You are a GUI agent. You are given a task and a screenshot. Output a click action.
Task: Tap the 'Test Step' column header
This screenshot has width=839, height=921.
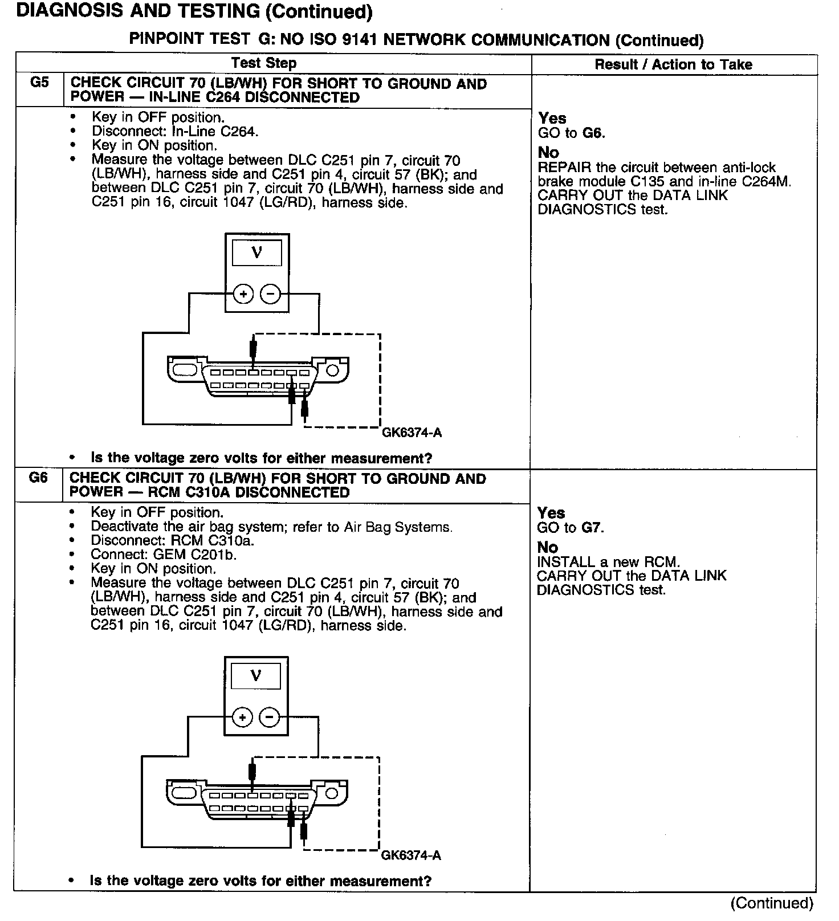[264, 63]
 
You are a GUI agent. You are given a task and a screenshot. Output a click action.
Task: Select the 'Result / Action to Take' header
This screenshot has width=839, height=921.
[673, 64]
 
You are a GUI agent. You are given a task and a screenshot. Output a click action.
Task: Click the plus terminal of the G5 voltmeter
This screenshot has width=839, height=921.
[243, 294]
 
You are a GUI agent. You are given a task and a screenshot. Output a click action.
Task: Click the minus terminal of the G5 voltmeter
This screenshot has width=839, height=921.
[271, 294]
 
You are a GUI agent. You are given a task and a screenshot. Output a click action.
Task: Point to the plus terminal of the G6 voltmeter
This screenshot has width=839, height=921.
[242, 717]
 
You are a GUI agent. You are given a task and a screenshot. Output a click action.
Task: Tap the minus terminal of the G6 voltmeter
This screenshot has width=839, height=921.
[270, 717]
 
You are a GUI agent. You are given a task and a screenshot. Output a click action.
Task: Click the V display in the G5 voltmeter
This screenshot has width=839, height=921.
[256, 252]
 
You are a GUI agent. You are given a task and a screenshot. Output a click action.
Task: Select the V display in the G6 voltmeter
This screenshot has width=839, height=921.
[256, 676]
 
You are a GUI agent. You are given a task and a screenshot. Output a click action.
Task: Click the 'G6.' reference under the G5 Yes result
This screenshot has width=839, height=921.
[593, 133]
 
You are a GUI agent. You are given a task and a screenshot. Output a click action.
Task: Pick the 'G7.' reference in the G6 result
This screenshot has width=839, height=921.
[592, 528]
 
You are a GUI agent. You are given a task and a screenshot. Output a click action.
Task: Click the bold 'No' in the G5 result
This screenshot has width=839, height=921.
[548, 152]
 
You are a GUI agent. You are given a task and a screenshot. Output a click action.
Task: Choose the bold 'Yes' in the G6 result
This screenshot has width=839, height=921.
[551, 513]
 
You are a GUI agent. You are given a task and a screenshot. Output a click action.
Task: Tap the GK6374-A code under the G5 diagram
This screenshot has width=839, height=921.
[412, 433]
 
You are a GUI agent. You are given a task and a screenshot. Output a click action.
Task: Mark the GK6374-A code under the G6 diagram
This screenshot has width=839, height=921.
[411, 855]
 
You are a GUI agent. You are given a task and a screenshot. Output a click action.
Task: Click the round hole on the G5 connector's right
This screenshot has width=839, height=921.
[332, 370]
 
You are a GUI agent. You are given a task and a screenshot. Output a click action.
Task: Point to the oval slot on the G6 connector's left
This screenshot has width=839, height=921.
[184, 793]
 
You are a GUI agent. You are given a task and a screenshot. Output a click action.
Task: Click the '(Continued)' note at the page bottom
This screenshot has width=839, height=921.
[772, 903]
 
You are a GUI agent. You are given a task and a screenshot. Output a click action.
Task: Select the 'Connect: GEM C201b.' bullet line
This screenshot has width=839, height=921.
[164, 555]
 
